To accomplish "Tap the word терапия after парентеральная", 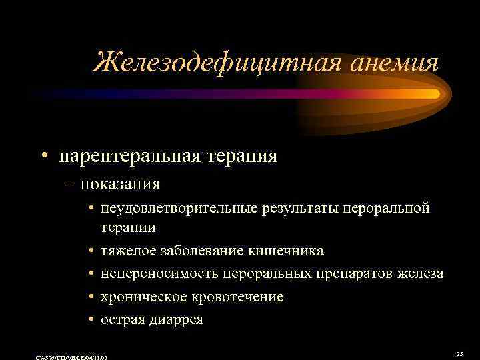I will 241,157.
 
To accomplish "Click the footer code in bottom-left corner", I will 71,357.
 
